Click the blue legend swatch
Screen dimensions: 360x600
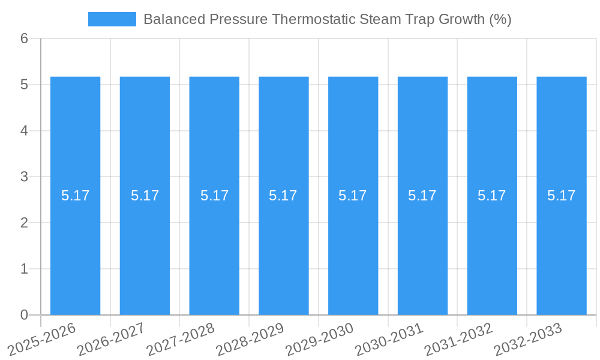point(112,19)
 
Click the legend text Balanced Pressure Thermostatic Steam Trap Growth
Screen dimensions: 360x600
point(327,19)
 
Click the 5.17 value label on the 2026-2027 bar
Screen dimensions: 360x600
point(145,196)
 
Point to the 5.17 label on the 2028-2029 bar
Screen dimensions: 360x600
point(283,196)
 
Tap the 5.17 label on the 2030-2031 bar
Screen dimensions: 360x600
point(422,196)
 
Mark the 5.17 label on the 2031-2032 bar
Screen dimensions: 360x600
point(492,196)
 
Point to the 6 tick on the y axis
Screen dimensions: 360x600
point(24,38)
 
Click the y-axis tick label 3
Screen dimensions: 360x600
point(24,177)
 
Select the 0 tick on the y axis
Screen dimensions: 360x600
point(24,315)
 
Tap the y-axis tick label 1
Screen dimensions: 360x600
point(24,269)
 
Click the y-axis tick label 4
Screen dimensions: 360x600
point(24,131)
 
